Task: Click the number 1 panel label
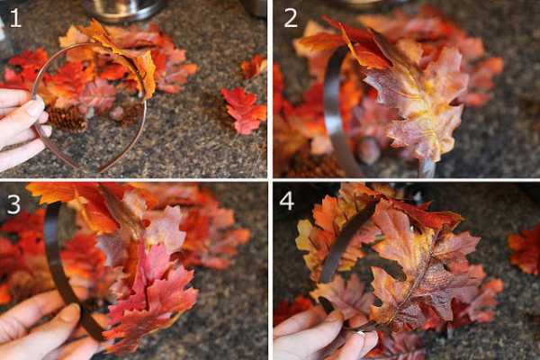tap(14, 18)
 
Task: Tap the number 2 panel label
tap(291, 18)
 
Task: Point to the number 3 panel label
tap(13, 204)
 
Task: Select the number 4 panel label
tap(287, 201)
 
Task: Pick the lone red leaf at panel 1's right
tap(244, 110)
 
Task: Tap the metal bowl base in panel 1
tap(123, 10)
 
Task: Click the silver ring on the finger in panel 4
tap(361, 333)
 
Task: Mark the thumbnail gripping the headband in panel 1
tap(36, 107)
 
